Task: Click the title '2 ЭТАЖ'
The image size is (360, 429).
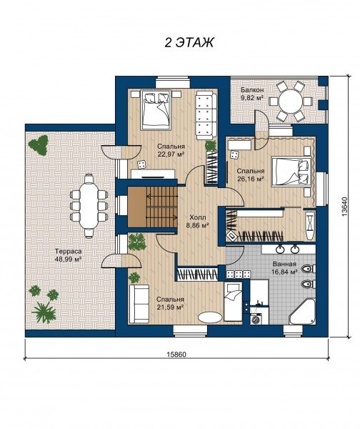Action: pos(189,43)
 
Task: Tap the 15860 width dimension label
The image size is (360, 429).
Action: pos(176,355)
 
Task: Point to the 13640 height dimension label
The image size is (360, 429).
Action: pos(344,207)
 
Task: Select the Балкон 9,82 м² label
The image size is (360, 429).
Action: pos(252,93)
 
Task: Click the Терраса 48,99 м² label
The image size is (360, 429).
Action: pos(69,255)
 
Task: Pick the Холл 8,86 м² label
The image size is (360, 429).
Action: pos(199,222)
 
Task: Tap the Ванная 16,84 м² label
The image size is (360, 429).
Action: pos(284,268)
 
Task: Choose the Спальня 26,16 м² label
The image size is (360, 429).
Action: pos(251,175)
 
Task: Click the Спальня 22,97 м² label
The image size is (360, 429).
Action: pos(171,150)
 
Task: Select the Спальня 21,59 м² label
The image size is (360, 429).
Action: pos(170,303)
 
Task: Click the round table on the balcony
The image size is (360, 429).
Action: pos(290,102)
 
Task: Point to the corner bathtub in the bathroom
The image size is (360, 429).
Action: pos(302,311)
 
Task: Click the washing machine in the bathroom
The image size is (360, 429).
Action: pos(256,318)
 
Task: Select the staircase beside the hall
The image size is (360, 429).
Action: pos(153,207)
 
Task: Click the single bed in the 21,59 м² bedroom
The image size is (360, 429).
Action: pos(233,302)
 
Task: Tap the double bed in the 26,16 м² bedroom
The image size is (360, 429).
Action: pos(291,172)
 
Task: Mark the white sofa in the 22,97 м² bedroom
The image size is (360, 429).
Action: pos(206,116)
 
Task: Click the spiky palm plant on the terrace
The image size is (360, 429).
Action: pos(44,312)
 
